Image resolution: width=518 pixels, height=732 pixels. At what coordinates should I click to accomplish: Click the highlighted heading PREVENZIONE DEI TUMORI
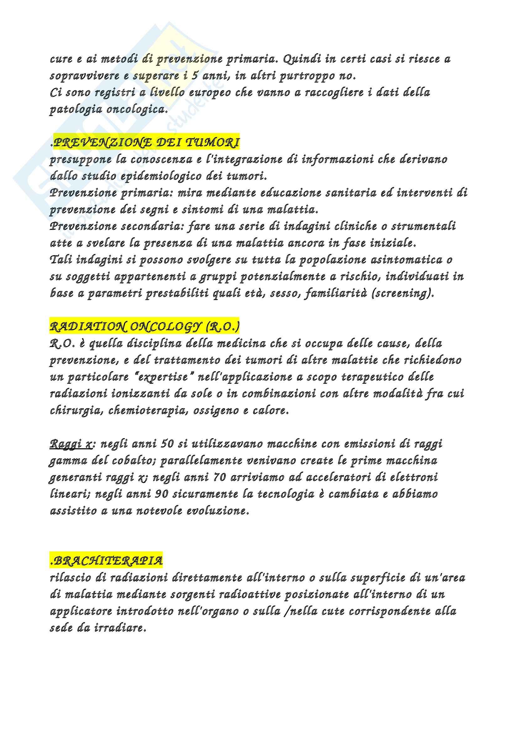point(146,142)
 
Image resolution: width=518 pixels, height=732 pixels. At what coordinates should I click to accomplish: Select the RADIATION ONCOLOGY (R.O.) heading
point(144,327)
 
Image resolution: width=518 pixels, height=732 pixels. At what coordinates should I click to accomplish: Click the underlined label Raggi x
point(71,444)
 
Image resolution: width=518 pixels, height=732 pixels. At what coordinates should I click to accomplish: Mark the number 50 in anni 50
point(167,444)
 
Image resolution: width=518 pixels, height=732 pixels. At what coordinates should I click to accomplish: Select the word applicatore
point(81,612)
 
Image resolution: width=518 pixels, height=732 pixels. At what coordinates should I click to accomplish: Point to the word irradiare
point(120,628)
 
